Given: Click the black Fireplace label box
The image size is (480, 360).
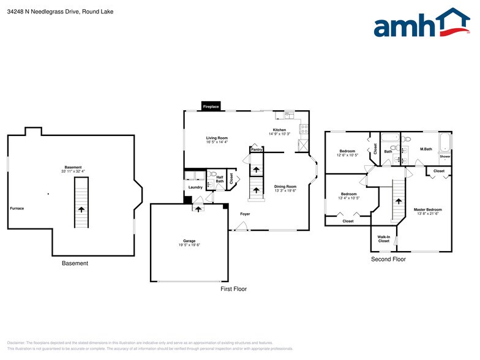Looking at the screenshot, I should (x=211, y=107).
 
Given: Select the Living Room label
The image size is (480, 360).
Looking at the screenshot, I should (x=217, y=138).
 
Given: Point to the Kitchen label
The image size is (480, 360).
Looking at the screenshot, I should (x=279, y=130).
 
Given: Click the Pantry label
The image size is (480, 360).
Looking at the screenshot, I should (x=257, y=149).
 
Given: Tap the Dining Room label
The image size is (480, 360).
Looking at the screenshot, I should (x=285, y=187).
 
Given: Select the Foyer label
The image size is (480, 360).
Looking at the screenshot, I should (x=245, y=214).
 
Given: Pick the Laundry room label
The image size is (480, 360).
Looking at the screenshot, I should (x=195, y=187).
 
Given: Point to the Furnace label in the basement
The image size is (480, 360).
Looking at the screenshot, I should (x=17, y=208).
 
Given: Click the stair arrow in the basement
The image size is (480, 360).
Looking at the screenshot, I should (x=81, y=209).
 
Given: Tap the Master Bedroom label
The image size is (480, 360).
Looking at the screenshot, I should (x=427, y=209).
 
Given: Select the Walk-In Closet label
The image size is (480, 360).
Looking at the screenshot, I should (x=383, y=239).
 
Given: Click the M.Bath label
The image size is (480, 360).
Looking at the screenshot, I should (x=426, y=149).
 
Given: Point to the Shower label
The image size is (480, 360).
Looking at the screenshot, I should (x=444, y=157).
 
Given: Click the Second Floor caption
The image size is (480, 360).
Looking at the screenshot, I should (x=388, y=260).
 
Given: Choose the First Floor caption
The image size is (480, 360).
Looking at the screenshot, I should (x=233, y=289).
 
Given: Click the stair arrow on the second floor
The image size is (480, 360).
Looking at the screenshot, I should (x=398, y=201).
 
